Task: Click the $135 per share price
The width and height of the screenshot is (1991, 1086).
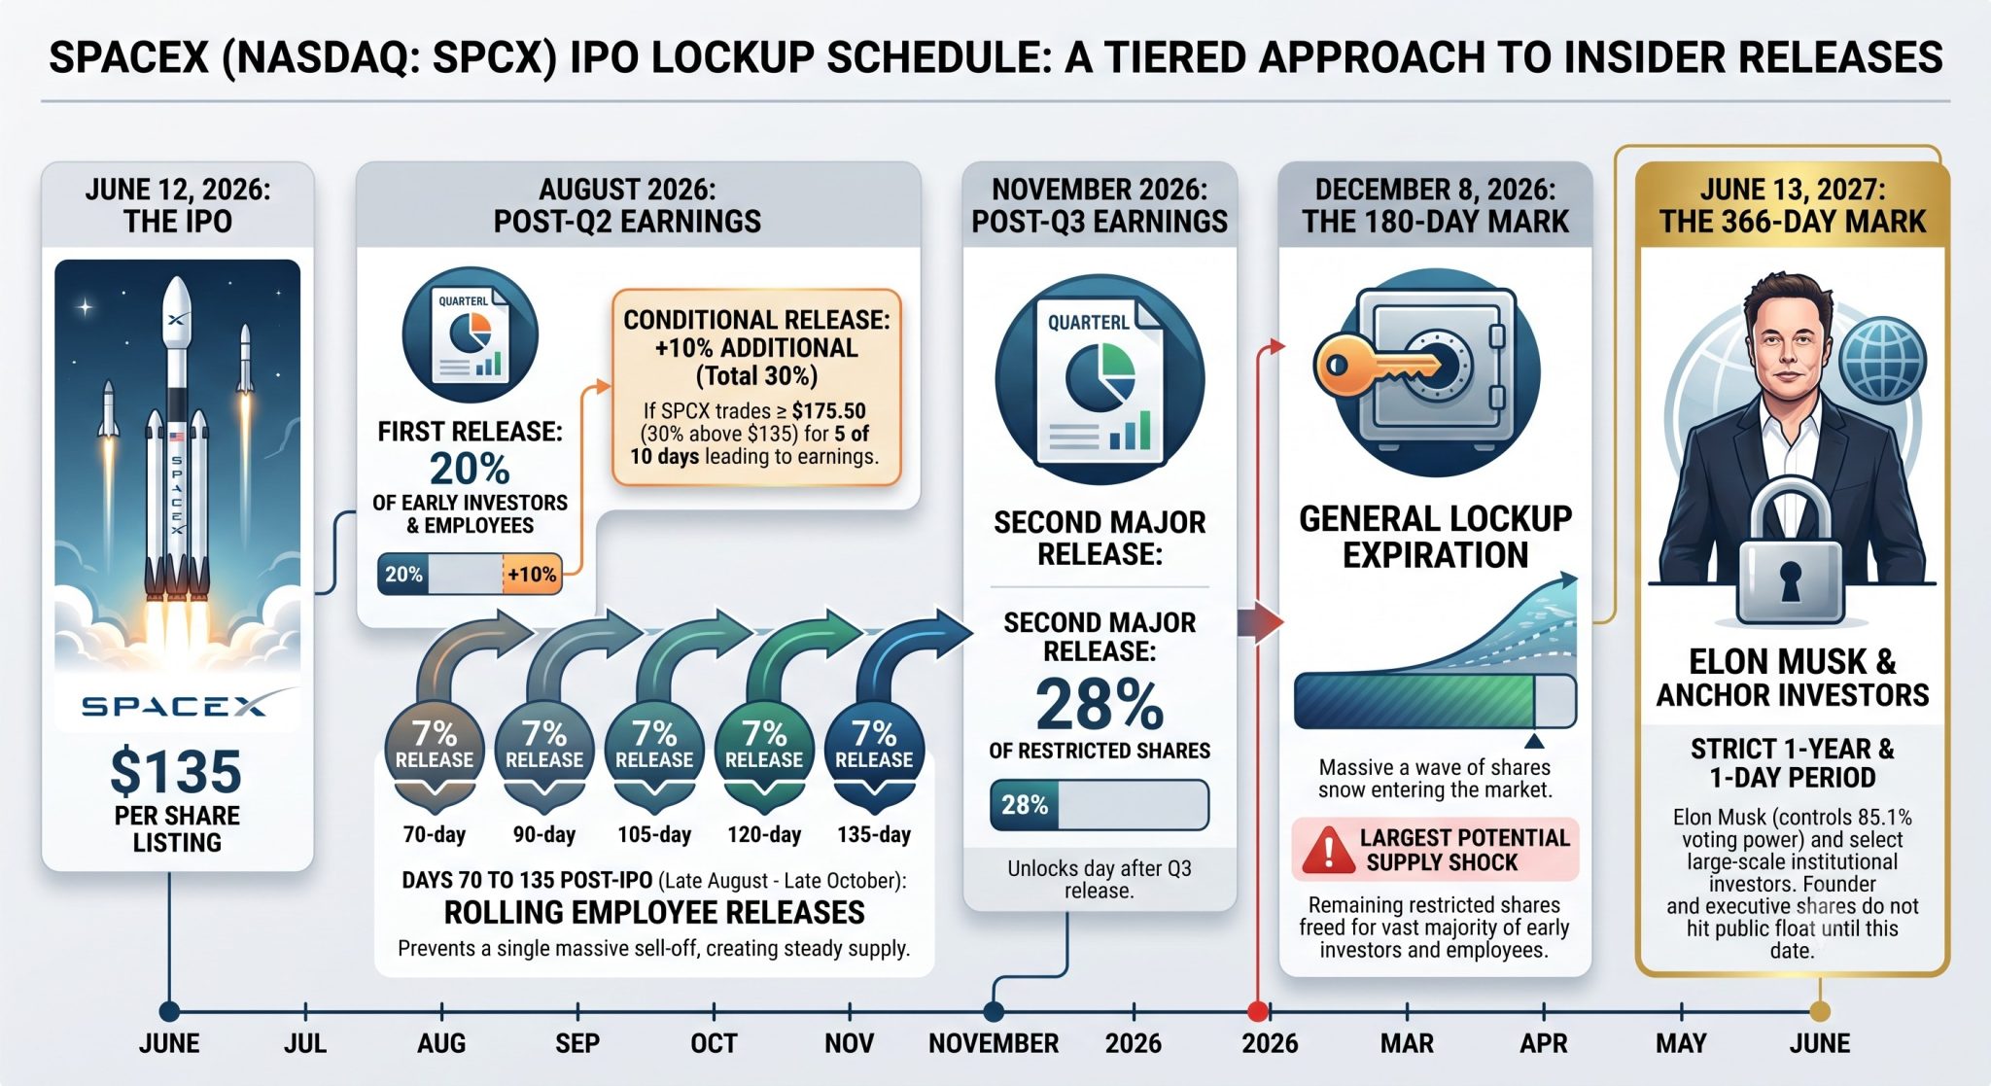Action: coord(176,772)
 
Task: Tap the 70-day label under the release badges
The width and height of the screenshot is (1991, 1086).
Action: coord(435,834)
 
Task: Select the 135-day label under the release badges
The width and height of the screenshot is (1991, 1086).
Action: coord(874,834)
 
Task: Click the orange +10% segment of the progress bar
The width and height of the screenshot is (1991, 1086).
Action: coord(532,575)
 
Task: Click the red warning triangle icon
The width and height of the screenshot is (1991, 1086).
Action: coord(1328,850)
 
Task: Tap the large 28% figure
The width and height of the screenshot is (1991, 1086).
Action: coord(1100,704)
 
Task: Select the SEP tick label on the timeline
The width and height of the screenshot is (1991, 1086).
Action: coord(577,1043)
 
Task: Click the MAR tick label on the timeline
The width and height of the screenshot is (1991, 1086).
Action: coord(1407,1043)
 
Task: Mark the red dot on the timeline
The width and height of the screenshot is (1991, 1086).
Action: coord(1257,1011)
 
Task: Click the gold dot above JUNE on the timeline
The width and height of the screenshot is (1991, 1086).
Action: coord(1820,1011)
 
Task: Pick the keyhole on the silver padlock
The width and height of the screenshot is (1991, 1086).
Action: coord(1790,580)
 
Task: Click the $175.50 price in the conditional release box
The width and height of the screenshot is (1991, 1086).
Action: coord(828,410)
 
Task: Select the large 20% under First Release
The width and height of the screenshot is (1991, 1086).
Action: coord(470,469)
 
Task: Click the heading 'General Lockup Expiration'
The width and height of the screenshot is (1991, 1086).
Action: coord(1435,537)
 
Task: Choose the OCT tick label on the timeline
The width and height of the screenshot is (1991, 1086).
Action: coord(714,1043)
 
